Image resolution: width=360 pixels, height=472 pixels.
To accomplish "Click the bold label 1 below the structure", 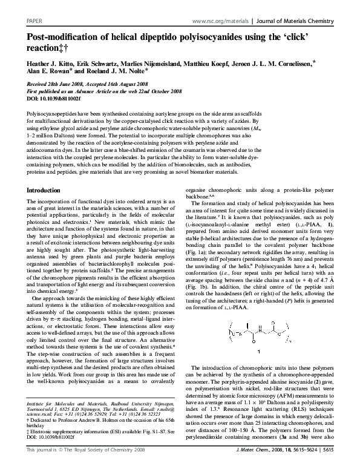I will (x=259, y=350).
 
